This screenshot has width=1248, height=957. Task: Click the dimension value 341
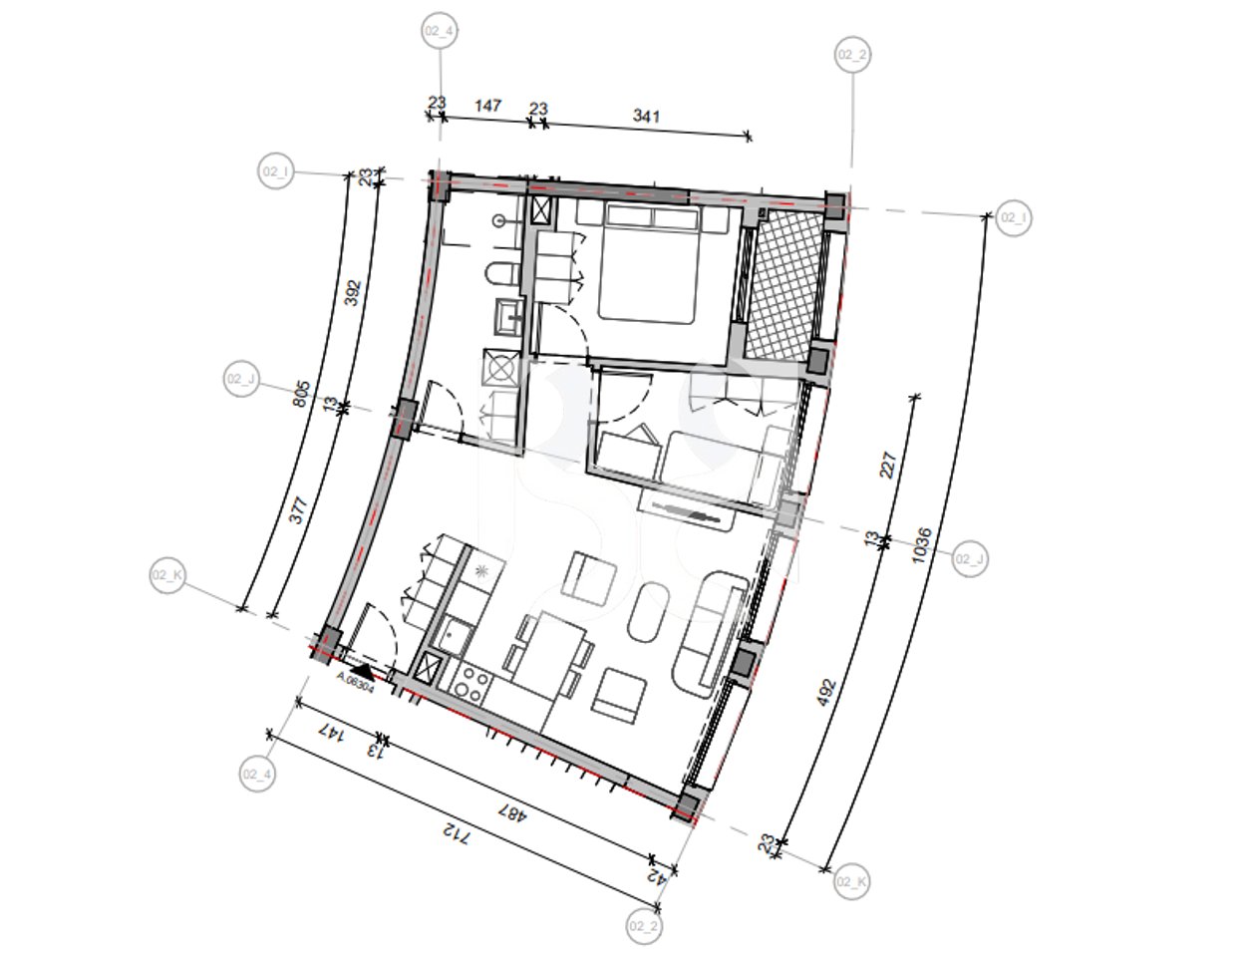[x=647, y=116]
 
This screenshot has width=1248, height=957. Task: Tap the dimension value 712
[x=454, y=832]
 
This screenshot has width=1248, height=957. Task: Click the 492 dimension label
[x=825, y=693]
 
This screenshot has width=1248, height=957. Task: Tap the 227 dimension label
[x=889, y=466]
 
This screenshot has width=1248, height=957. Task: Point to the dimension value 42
[x=656, y=876]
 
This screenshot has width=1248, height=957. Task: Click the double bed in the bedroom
[x=647, y=264]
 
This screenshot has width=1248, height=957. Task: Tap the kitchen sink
[x=458, y=634]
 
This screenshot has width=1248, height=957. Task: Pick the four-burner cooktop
[x=471, y=685]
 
